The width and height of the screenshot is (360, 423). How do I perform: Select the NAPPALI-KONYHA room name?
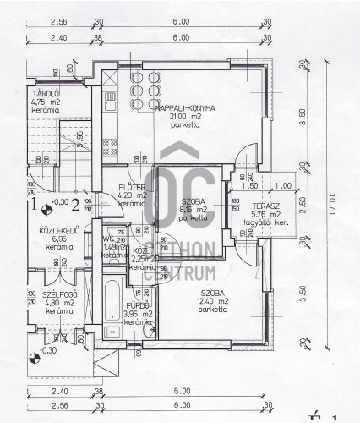coord(183,109)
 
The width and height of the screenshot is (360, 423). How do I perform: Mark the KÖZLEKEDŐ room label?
coord(58,231)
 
